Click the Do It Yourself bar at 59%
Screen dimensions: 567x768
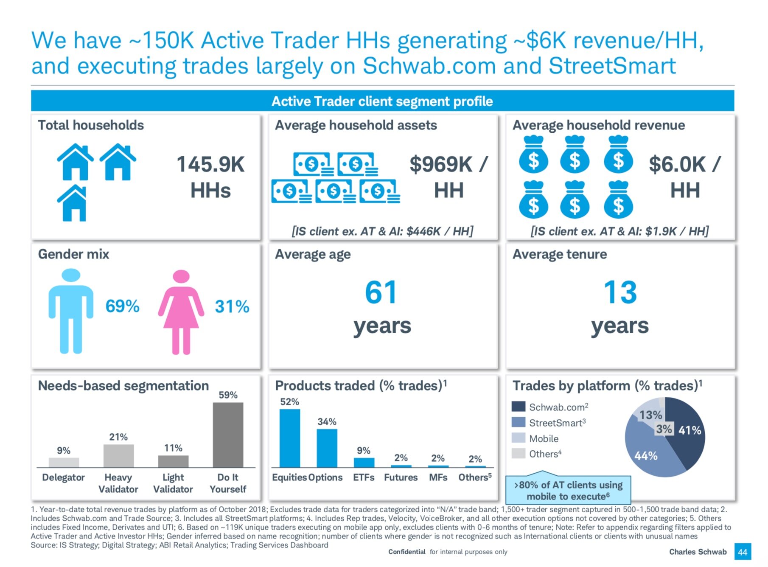click(x=228, y=435)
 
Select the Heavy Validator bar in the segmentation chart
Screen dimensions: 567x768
click(x=118, y=456)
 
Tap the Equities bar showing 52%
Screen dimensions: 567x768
click(x=290, y=438)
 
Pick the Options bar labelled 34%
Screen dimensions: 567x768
click(x=327, y=448)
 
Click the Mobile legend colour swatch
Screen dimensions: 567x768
click(x=519, y=438)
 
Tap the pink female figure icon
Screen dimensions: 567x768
click(x=181, y=312)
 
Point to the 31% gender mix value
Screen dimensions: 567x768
click(x=232, y=306)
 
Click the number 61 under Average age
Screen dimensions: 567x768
click(x=381, y=292)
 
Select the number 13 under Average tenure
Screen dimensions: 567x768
click(x=620, y=292)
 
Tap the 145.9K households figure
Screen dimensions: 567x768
click(x=210, y=165)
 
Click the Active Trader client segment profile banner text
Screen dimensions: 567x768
click(x=382, y=101)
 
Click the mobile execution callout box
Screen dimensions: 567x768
click(x=568, y=491)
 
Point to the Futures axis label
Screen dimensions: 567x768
click(x=401, y=477)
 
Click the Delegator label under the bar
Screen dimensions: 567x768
click(x=64, y=477)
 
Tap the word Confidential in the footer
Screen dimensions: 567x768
click(x=406, y=552)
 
